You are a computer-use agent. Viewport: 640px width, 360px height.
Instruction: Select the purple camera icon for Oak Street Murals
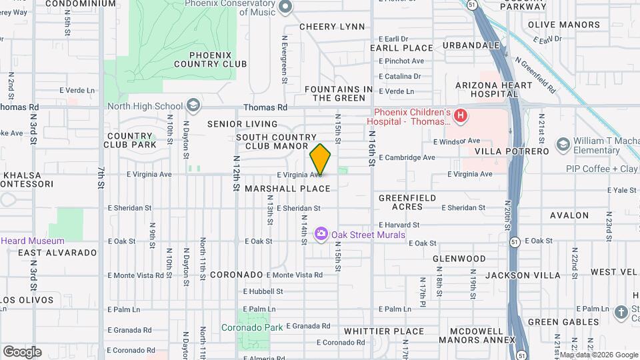321,233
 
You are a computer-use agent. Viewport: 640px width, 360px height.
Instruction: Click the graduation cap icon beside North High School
193,106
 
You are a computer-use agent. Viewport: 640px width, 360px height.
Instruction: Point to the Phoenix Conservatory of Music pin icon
286,7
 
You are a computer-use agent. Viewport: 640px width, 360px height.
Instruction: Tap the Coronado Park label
252,327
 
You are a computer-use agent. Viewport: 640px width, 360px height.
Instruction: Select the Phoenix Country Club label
210,59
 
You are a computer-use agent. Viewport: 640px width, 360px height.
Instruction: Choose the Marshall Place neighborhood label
287,189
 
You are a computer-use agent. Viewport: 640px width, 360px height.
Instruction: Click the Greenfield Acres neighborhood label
407,202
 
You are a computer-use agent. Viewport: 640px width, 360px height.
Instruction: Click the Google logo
22,351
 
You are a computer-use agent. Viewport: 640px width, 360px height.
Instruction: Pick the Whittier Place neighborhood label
384,331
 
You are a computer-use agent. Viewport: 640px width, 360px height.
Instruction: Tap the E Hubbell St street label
263,291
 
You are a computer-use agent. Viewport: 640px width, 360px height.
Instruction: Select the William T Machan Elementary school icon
563,145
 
